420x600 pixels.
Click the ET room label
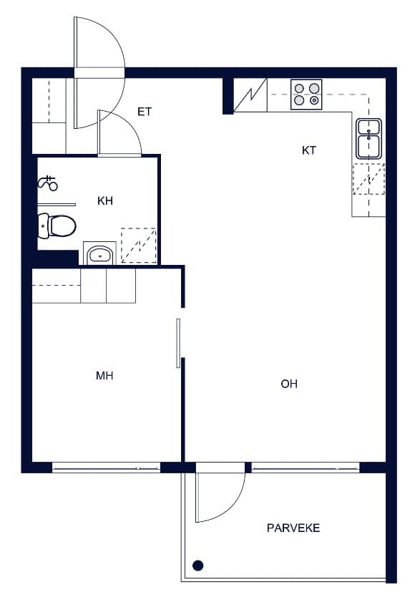[145, 112]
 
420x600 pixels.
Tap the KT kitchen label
[309, 150]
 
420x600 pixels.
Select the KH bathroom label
[104, 201]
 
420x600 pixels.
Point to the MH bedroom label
[104, 376]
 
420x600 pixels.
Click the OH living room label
[289, 384]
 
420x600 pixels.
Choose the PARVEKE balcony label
[293, 528]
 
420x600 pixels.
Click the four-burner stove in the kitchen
[306, 95]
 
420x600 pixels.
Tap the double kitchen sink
[368, 138]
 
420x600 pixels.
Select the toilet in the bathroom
[57, 226]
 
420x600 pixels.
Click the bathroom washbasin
[100, 253]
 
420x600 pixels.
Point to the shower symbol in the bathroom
[48, 183]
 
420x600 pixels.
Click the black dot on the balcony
[197, 565]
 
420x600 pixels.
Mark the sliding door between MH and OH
[178, 343]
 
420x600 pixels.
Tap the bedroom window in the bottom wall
[106, 468]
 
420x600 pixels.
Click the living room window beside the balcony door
[306, 468]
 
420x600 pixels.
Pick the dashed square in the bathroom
[139, 246]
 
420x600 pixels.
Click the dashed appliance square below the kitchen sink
[368, 179]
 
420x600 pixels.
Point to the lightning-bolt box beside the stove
[250, 95]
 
